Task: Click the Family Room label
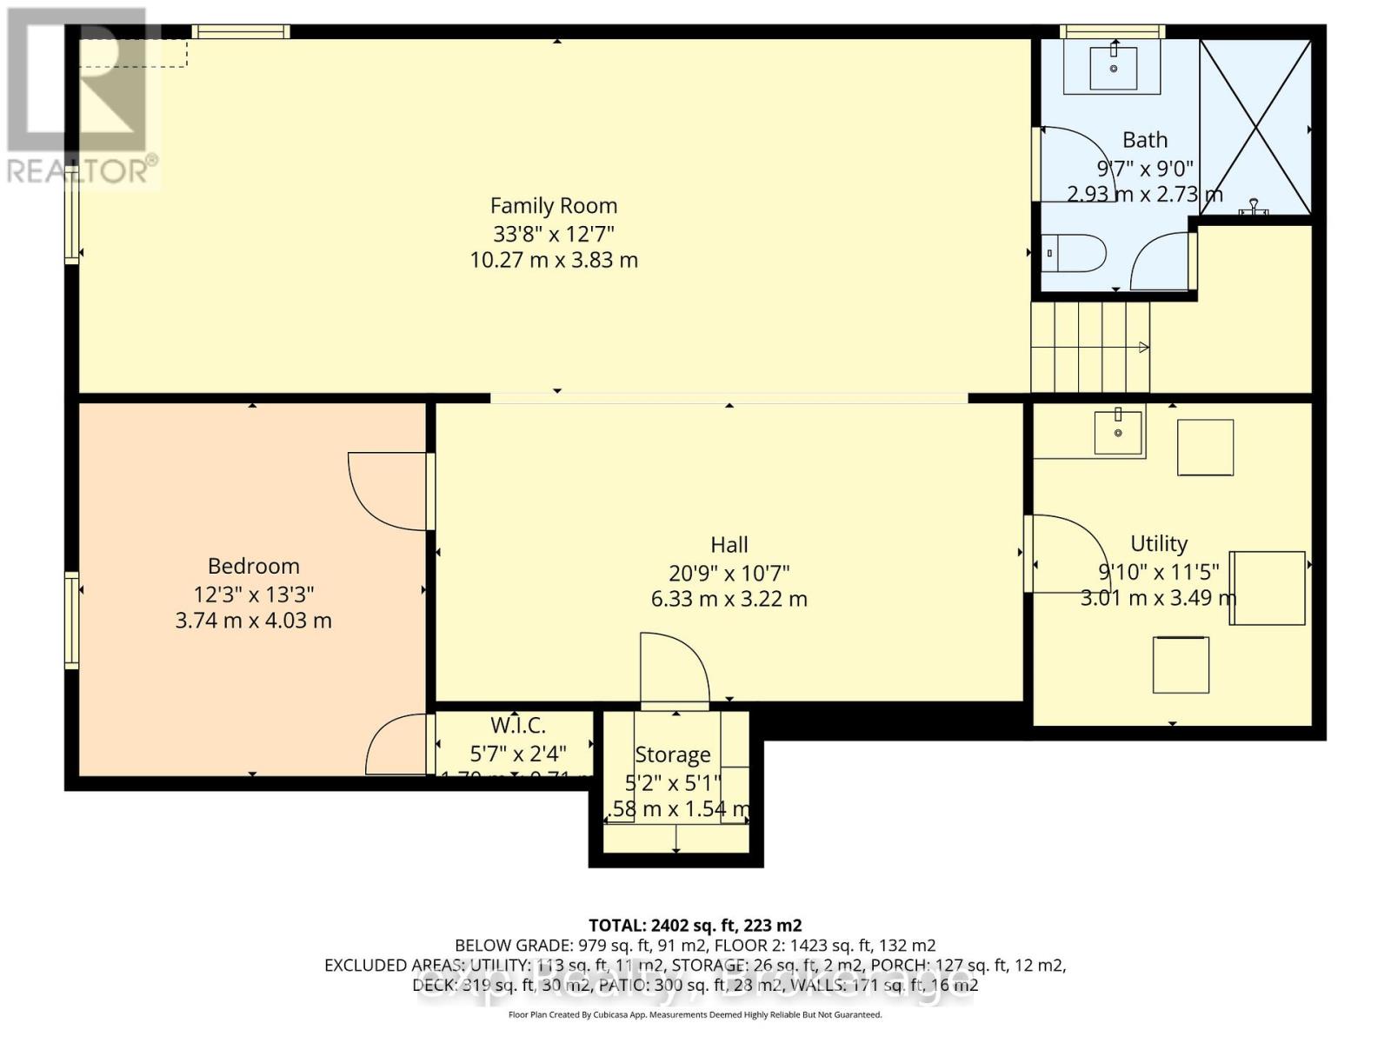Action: (x=554, y=206)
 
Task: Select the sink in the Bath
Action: (x=1113, y=67)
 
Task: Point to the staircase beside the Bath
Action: (x=1090, y=347)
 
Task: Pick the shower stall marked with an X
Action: (x=1255, y=127)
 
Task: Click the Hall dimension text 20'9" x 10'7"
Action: (x=729, y=573)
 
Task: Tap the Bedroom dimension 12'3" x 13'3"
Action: (x=253, y=595)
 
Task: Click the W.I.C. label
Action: (x=518, y=726)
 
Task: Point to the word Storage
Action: (x=672, y=754)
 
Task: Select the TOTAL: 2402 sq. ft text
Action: (x=695, y=925)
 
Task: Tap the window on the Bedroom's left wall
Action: (x=72, y=620)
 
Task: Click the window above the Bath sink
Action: (x=1112, y=32)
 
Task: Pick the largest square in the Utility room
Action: (x=1268, y=588)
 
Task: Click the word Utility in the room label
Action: (x=1159, y=544)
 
